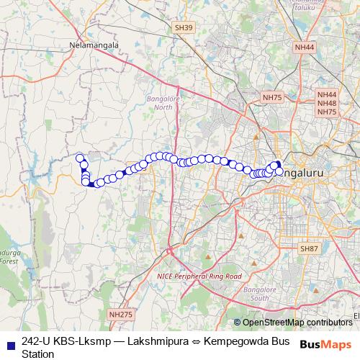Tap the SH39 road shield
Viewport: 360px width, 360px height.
click(184, 27)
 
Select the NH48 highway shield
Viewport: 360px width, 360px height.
click(327, 103)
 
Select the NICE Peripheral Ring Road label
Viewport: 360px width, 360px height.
click(199, 276)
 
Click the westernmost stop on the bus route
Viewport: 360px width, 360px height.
click(80, 158)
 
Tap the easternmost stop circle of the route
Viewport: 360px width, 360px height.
click(279, 171)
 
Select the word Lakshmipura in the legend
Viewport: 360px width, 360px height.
click(153, 341)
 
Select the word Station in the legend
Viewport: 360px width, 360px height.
click(38, 354)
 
